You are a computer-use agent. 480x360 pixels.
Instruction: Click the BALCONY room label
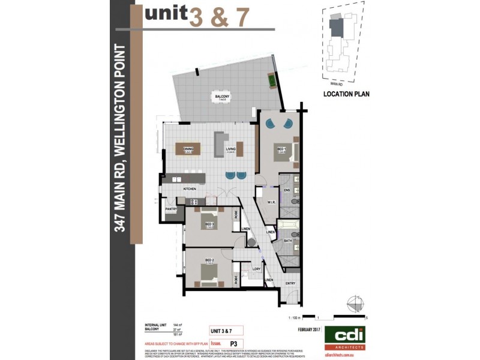click(x=223, y=96)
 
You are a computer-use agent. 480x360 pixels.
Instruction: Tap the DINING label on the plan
click(x=188, y=148)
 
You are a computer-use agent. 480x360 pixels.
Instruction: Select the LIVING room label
click(x=231, y=148)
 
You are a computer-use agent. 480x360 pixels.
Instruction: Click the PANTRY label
click(x=171, y=209)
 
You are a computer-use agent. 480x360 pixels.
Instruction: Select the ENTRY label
click(x=290, y=283)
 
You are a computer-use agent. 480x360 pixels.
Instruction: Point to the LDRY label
click(x=256, y=269)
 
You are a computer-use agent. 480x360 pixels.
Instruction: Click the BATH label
click(x=287, y=240)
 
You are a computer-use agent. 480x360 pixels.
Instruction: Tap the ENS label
click(x=287, y=190)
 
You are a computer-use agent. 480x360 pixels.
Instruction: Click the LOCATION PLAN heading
click(x=346, y=94)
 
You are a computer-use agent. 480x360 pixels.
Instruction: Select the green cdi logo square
click(x=345, y=337)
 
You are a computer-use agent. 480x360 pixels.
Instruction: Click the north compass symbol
click(x=355, y=302)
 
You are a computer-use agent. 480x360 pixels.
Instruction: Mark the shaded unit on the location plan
click(x=339, y=27)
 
